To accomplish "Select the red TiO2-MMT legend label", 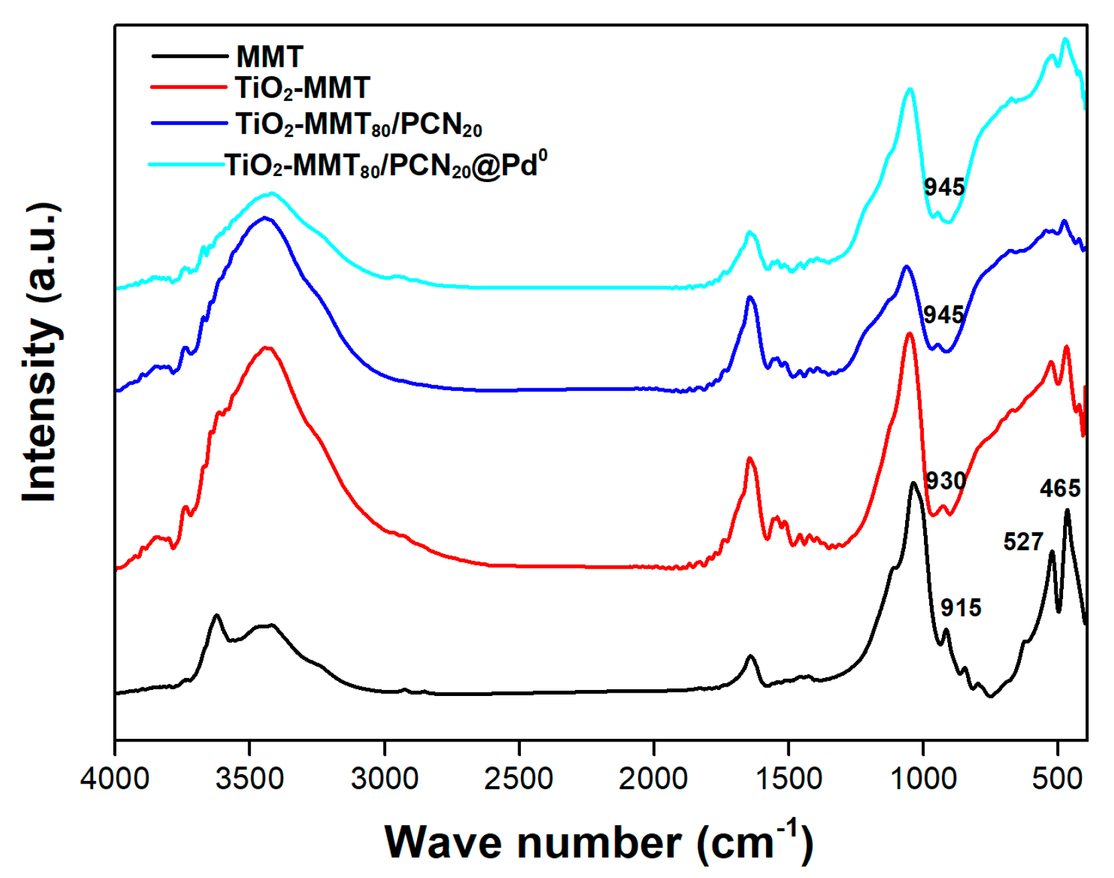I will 302,88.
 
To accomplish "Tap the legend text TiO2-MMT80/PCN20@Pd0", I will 386,165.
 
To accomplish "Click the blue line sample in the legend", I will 189,123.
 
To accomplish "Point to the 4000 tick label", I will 114,778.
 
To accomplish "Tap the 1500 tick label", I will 788,778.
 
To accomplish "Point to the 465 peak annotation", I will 1060,489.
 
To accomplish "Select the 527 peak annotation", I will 1023,541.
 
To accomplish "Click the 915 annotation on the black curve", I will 961,608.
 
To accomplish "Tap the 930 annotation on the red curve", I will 945,480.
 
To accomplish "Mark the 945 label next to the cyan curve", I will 944,187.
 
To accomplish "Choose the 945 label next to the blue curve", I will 943,315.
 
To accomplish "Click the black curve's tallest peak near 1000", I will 913,482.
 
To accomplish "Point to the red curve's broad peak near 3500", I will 267,347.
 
